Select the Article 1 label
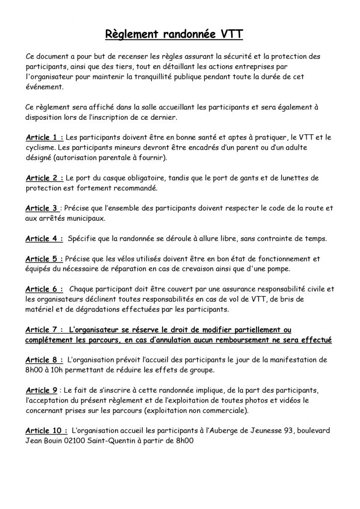(44, 137)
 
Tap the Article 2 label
(44, 177)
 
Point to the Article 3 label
(42, 208)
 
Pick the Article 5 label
(44, 259)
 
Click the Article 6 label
(44, 289)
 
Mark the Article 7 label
(44, 330)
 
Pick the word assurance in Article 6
(239, 289)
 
